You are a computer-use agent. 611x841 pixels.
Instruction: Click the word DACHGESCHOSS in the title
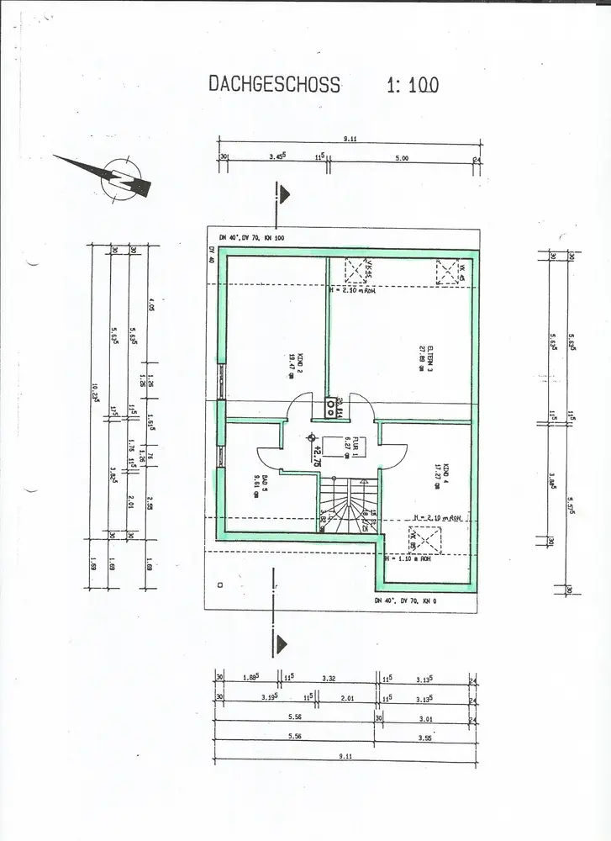(x=274, y=84)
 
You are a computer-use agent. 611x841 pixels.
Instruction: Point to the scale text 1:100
(x=413, y=84)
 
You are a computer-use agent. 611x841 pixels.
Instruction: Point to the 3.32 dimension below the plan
(x=328, y=679)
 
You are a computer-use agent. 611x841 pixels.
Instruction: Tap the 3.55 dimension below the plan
(x=425, y=738)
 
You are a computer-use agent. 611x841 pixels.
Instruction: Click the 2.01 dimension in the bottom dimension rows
(x=348, y=698)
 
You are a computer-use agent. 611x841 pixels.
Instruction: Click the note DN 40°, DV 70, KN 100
(x=252, y=238)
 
